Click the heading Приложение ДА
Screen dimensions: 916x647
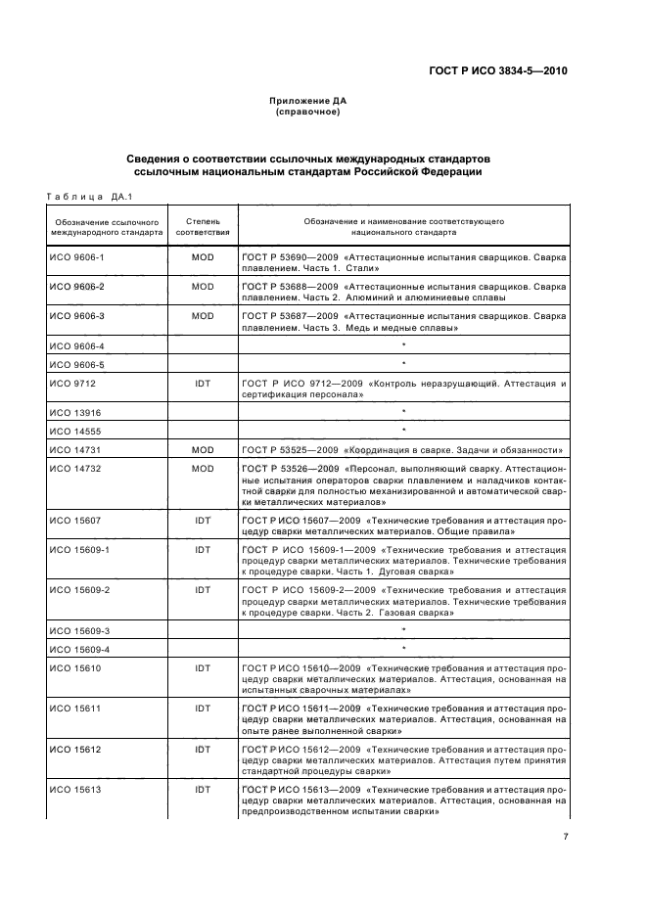click(x=308, y=101)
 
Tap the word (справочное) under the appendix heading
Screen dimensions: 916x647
click(x=308, y=112)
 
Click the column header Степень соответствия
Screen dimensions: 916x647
click(x=203, y=228)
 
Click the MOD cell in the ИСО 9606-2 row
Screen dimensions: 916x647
click(x=203, y=286)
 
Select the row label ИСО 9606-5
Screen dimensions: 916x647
click(x=76, y=364)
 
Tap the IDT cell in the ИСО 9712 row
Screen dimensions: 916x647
click(x=203, y=384)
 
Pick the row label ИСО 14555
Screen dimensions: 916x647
click(x=73, y=431)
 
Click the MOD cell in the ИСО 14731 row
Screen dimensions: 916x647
click(x=203, y=450)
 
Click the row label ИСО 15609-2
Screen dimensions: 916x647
click(x=79, y=591)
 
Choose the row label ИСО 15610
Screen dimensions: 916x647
click(x=73, y=667)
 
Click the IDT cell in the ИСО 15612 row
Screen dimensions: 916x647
click(x=203, y=750)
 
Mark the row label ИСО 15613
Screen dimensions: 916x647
click(x=73, y=789)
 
